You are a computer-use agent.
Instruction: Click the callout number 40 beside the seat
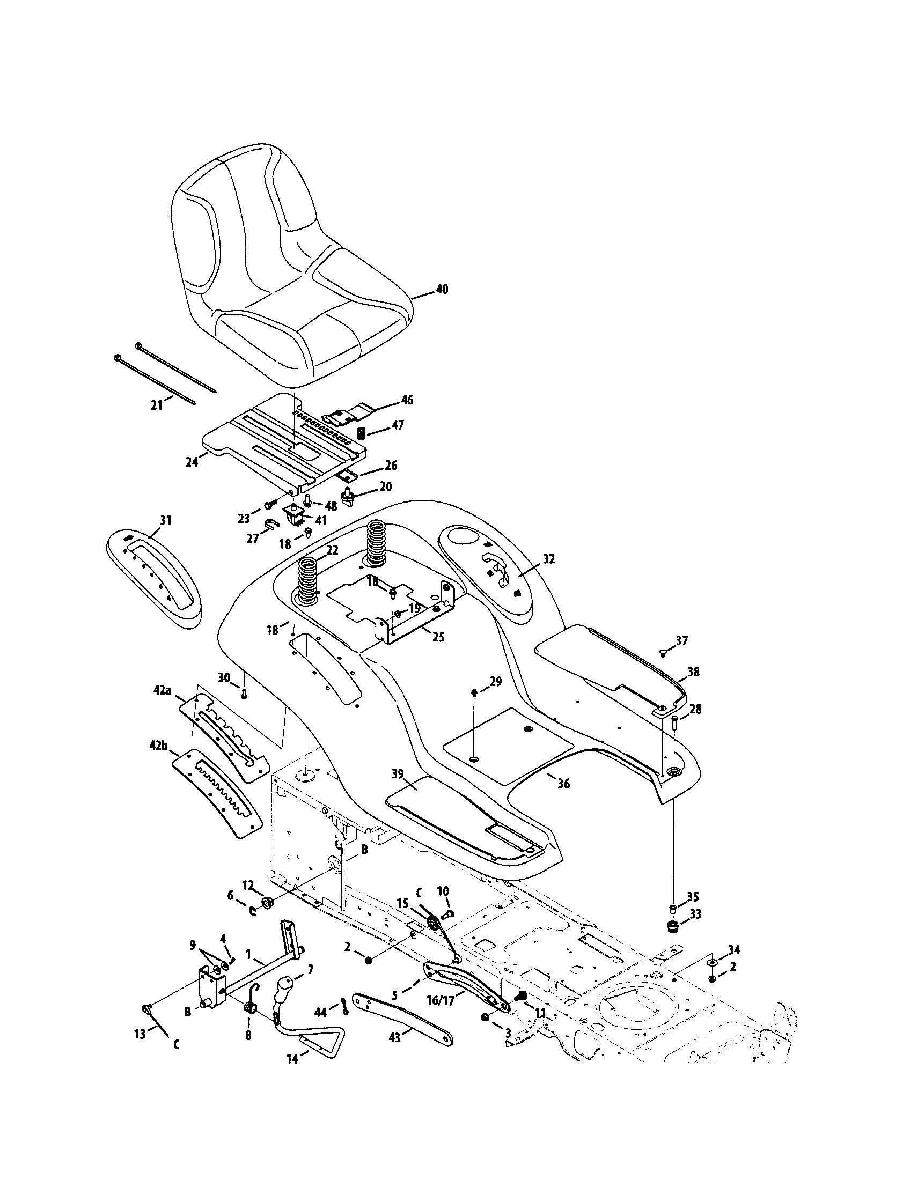(x=442, y=289)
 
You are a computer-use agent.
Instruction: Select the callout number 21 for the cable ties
(x=157, y=404)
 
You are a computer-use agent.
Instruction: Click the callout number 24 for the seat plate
(x=192, y=462)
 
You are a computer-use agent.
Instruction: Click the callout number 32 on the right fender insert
(x=549, y=559)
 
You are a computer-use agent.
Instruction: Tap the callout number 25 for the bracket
(x=438, y=637)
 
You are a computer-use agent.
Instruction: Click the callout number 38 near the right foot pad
(x=693, y=672)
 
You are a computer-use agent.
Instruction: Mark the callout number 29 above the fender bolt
(x=496, y=681)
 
